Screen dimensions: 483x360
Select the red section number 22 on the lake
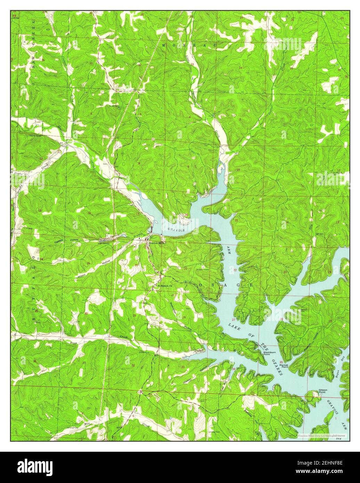tap(235, 270)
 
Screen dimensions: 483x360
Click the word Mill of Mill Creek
tap(87, 424)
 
